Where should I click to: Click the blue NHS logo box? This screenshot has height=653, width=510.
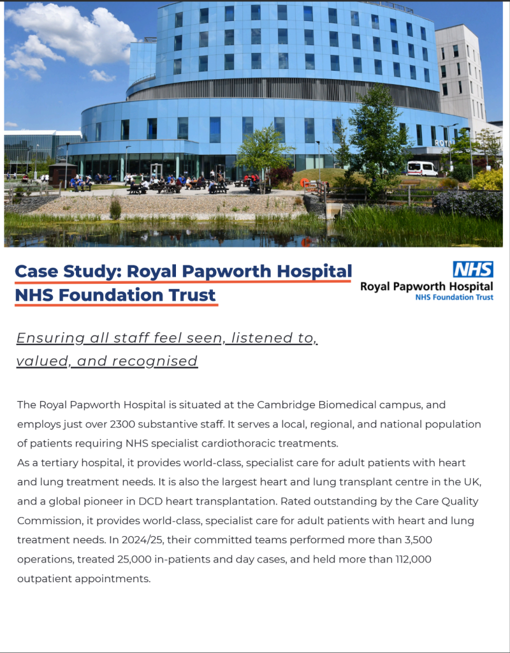coord(473,269)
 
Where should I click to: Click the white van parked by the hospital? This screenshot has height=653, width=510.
coord(422,168)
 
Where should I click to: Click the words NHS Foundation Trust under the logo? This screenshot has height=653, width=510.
coord(454,297)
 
